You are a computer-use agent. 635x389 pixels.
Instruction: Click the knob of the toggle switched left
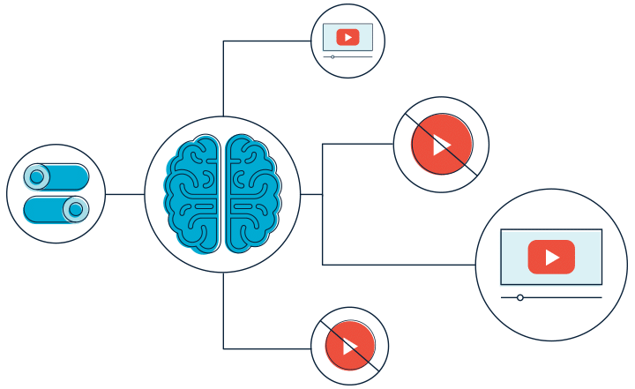(x=37, y=177)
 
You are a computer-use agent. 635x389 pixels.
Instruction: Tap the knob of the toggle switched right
(x=76, y=209)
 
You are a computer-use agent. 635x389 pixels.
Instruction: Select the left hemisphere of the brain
(x=191, y=194)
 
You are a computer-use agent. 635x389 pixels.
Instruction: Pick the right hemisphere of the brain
(x=252, y=194)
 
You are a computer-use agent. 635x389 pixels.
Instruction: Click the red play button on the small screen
(x=347, y=37)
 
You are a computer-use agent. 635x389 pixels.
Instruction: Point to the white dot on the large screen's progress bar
(x=520, y=297)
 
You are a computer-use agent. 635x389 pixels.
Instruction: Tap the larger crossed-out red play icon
(x=441, y=145)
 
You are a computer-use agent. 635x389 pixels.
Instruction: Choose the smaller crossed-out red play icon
(x=349, y=346)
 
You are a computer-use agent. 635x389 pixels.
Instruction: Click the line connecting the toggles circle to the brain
(x=124, y=194)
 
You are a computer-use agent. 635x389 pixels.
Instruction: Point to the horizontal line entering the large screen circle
(x=397, y=265)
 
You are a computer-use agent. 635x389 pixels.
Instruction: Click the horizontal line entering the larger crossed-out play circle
(x=357, y=144)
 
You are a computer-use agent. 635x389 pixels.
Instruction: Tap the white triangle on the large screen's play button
(x=552, y=257)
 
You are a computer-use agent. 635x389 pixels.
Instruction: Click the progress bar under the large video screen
(x=564, y=297)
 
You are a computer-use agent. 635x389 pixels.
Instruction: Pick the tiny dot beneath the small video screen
(x=332, y=56)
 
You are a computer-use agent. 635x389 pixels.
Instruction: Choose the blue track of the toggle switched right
(x=44, y=210)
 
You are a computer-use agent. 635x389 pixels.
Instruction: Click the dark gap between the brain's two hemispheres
(x=222, y=194)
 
